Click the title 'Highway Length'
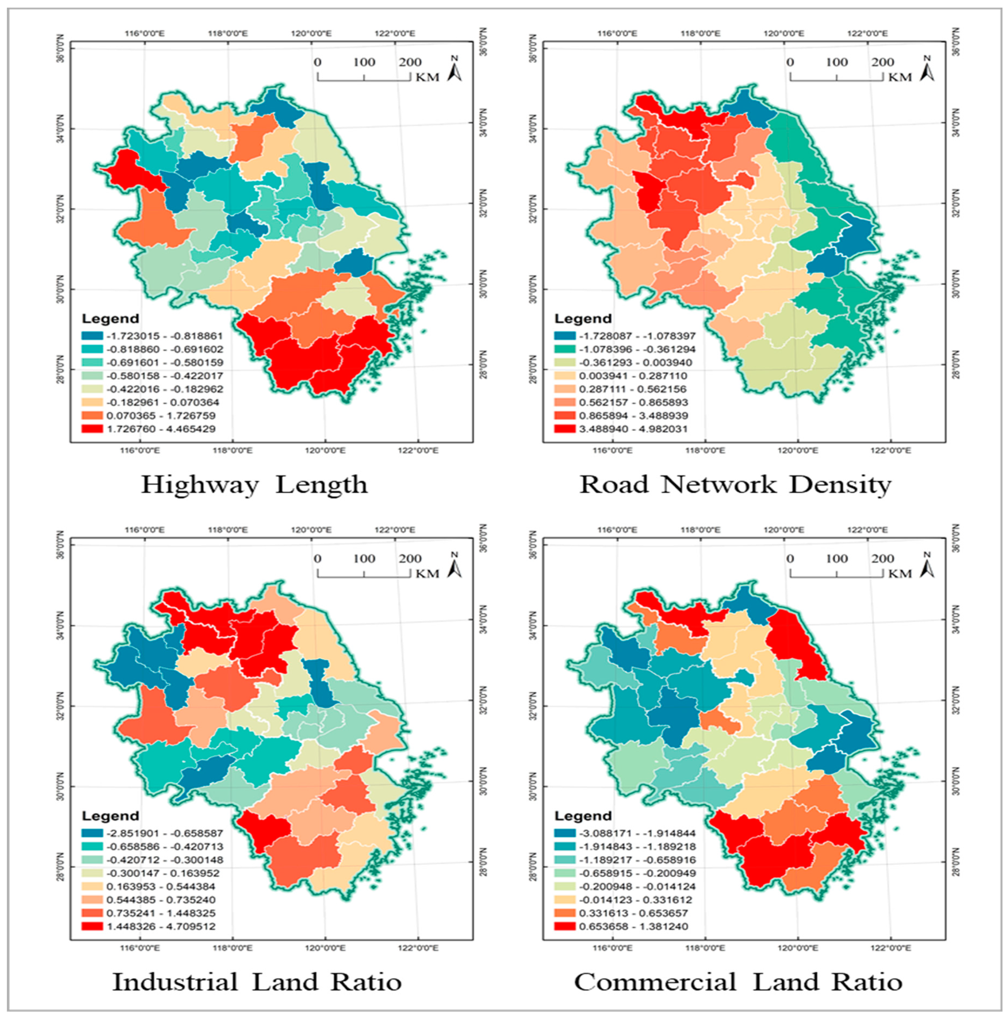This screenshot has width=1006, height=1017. click(x=254, y=485)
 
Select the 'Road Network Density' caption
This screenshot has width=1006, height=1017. click(x=735, y=485)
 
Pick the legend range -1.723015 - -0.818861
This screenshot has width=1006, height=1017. click(x=165, y=336)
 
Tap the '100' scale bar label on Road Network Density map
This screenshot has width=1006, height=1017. click(x=837, y=62)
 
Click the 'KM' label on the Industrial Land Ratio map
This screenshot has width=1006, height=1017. click(x=427, y=574)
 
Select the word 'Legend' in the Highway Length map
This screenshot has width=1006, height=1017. click(x=111, y=319)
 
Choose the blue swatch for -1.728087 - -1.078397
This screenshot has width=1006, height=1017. click(x=565, y=336)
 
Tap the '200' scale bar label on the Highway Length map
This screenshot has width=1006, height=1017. click(x=410, y=62)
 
